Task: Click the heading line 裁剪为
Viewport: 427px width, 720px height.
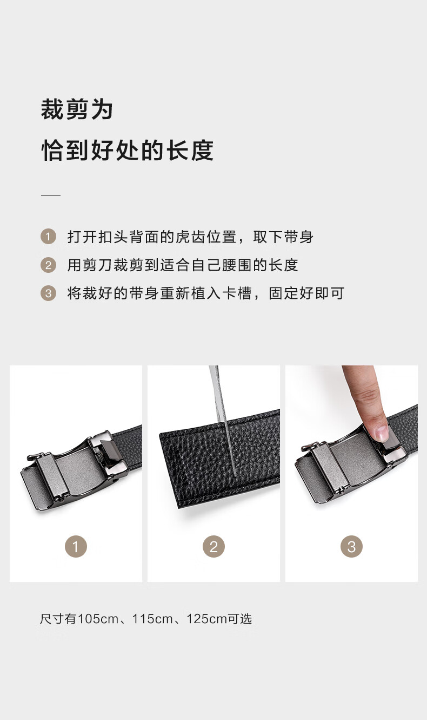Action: (77, 109)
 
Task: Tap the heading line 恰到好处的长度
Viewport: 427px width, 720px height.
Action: (128, 150)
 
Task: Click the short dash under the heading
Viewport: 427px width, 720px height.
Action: (51, 195)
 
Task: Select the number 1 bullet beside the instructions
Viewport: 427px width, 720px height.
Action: (49, 237)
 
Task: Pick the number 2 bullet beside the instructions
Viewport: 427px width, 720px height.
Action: (49, 265)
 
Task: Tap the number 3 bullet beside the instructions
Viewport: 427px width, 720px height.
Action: (49, 293)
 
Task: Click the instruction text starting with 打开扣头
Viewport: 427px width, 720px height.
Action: (190, 237)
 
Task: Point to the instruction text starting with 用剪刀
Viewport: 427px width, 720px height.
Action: (183, 265)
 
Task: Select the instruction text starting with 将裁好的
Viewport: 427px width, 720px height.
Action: (205, 293)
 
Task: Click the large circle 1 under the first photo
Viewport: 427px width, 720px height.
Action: (76, 546)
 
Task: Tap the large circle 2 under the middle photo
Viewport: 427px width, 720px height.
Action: (213, 546)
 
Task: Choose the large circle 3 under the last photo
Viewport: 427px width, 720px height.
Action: (352, 546)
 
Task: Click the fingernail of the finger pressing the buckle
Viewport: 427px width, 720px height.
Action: (381, 433)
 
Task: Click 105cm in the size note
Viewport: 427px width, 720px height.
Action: (98, 619)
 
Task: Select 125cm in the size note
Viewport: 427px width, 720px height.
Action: (207, 619)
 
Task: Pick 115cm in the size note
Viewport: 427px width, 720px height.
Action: (152, 619)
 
